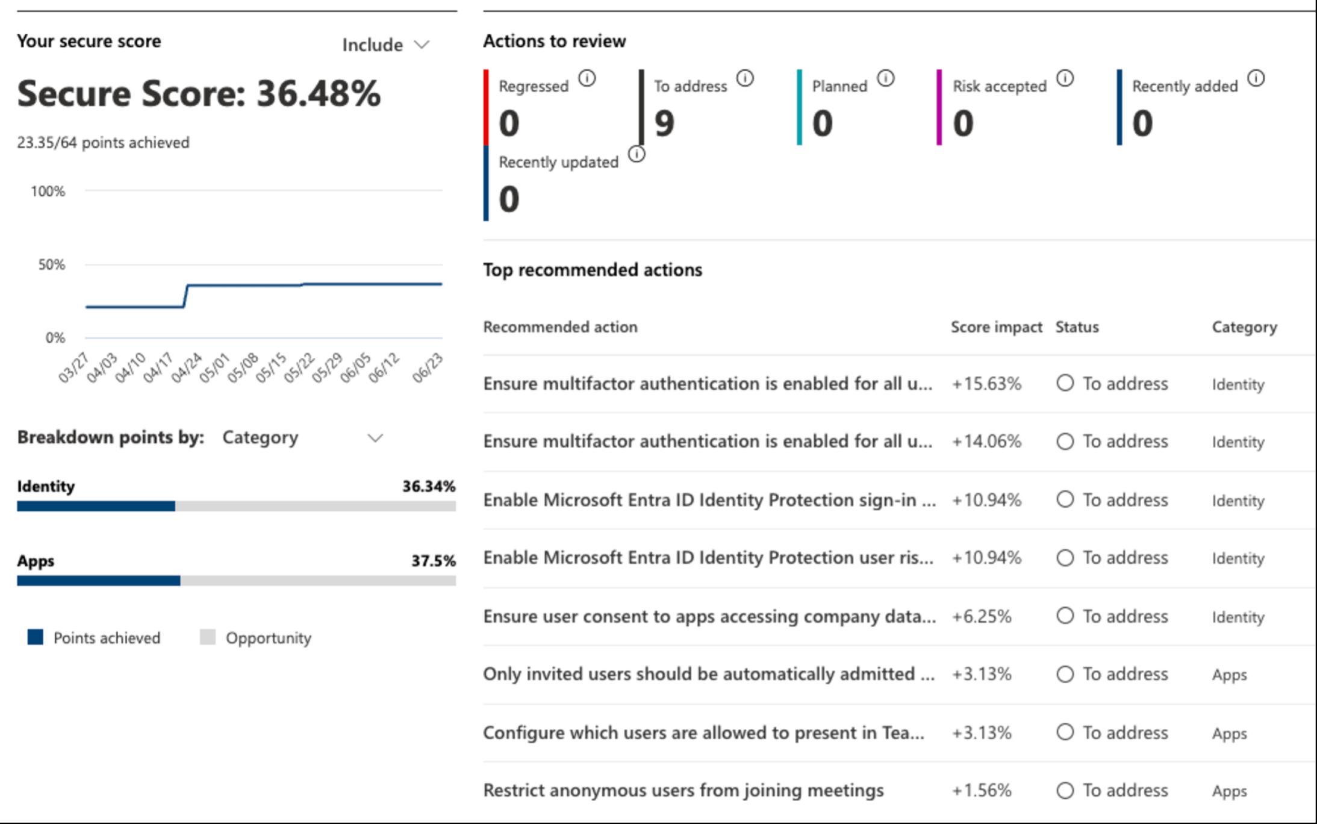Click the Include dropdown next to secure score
[385, 45]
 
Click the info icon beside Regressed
[587, 78]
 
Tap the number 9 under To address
[664, 123]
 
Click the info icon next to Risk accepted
[1065, 78]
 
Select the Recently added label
[1185, 87]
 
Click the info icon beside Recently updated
[637, 154]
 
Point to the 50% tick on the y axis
[52, 264]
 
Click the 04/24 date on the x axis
[187, 367]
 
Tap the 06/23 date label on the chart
[428, 367]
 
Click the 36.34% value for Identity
[429, 486]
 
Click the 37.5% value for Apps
[433, 561]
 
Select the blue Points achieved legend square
[36, 637]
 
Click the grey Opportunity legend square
[208, 637]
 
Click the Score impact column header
[996, 327]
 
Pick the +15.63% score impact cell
[986, 384]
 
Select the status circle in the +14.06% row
[1065, 442]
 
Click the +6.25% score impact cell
[982, 616]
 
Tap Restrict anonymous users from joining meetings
[683, 790]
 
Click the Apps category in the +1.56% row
[1229, 791]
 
